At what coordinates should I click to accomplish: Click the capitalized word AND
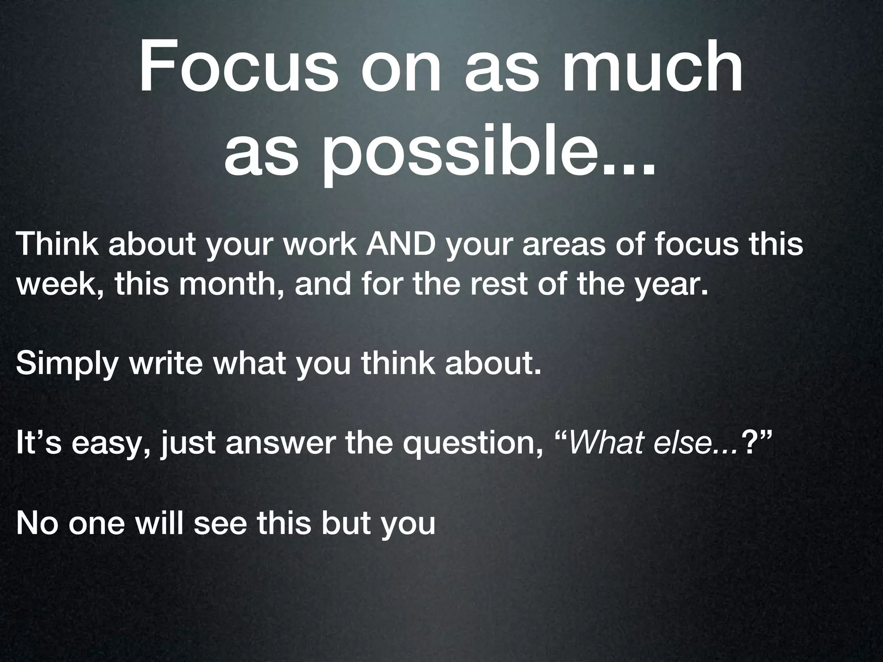(403, 244)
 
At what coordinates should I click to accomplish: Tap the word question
(470, 444)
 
